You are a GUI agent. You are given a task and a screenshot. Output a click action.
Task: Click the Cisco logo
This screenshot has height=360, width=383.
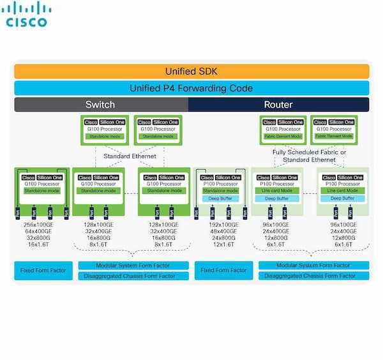tap(27, 15)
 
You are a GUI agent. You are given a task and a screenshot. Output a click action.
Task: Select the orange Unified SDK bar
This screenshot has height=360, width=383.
tap(191, 71)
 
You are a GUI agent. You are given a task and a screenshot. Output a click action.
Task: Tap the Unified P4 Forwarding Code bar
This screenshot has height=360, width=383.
tap(191, 88)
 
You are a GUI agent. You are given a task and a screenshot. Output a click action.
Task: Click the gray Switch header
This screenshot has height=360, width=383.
tap(100, 104)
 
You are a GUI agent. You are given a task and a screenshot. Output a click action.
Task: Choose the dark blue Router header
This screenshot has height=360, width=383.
tap(278, 104)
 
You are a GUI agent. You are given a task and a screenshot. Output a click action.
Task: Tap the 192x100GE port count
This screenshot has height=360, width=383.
tap(220, 225)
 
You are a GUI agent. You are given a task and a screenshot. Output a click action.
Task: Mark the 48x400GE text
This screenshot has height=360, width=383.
tap(220, 232)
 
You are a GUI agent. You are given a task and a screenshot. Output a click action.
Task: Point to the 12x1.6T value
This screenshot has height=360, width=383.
tap(220, 245)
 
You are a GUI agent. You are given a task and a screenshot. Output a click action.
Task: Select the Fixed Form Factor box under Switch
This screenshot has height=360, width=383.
tap(43, 270)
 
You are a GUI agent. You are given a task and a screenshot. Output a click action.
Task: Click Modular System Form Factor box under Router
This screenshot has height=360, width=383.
tap(313, 265)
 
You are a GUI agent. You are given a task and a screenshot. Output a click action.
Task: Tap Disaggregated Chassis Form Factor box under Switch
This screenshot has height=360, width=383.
tap(133, 276)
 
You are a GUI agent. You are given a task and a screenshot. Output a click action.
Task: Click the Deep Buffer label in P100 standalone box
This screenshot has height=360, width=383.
tap(220, 199)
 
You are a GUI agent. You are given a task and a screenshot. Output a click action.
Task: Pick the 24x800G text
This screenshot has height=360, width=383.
tap(220, 239)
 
